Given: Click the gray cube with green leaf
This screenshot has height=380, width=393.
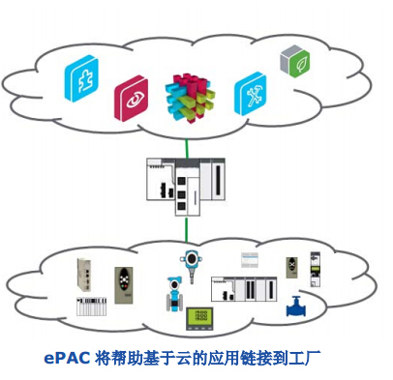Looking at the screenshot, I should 294,61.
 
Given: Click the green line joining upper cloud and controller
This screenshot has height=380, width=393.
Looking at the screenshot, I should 188,141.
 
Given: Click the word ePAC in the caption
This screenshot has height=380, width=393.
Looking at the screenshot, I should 66,357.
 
